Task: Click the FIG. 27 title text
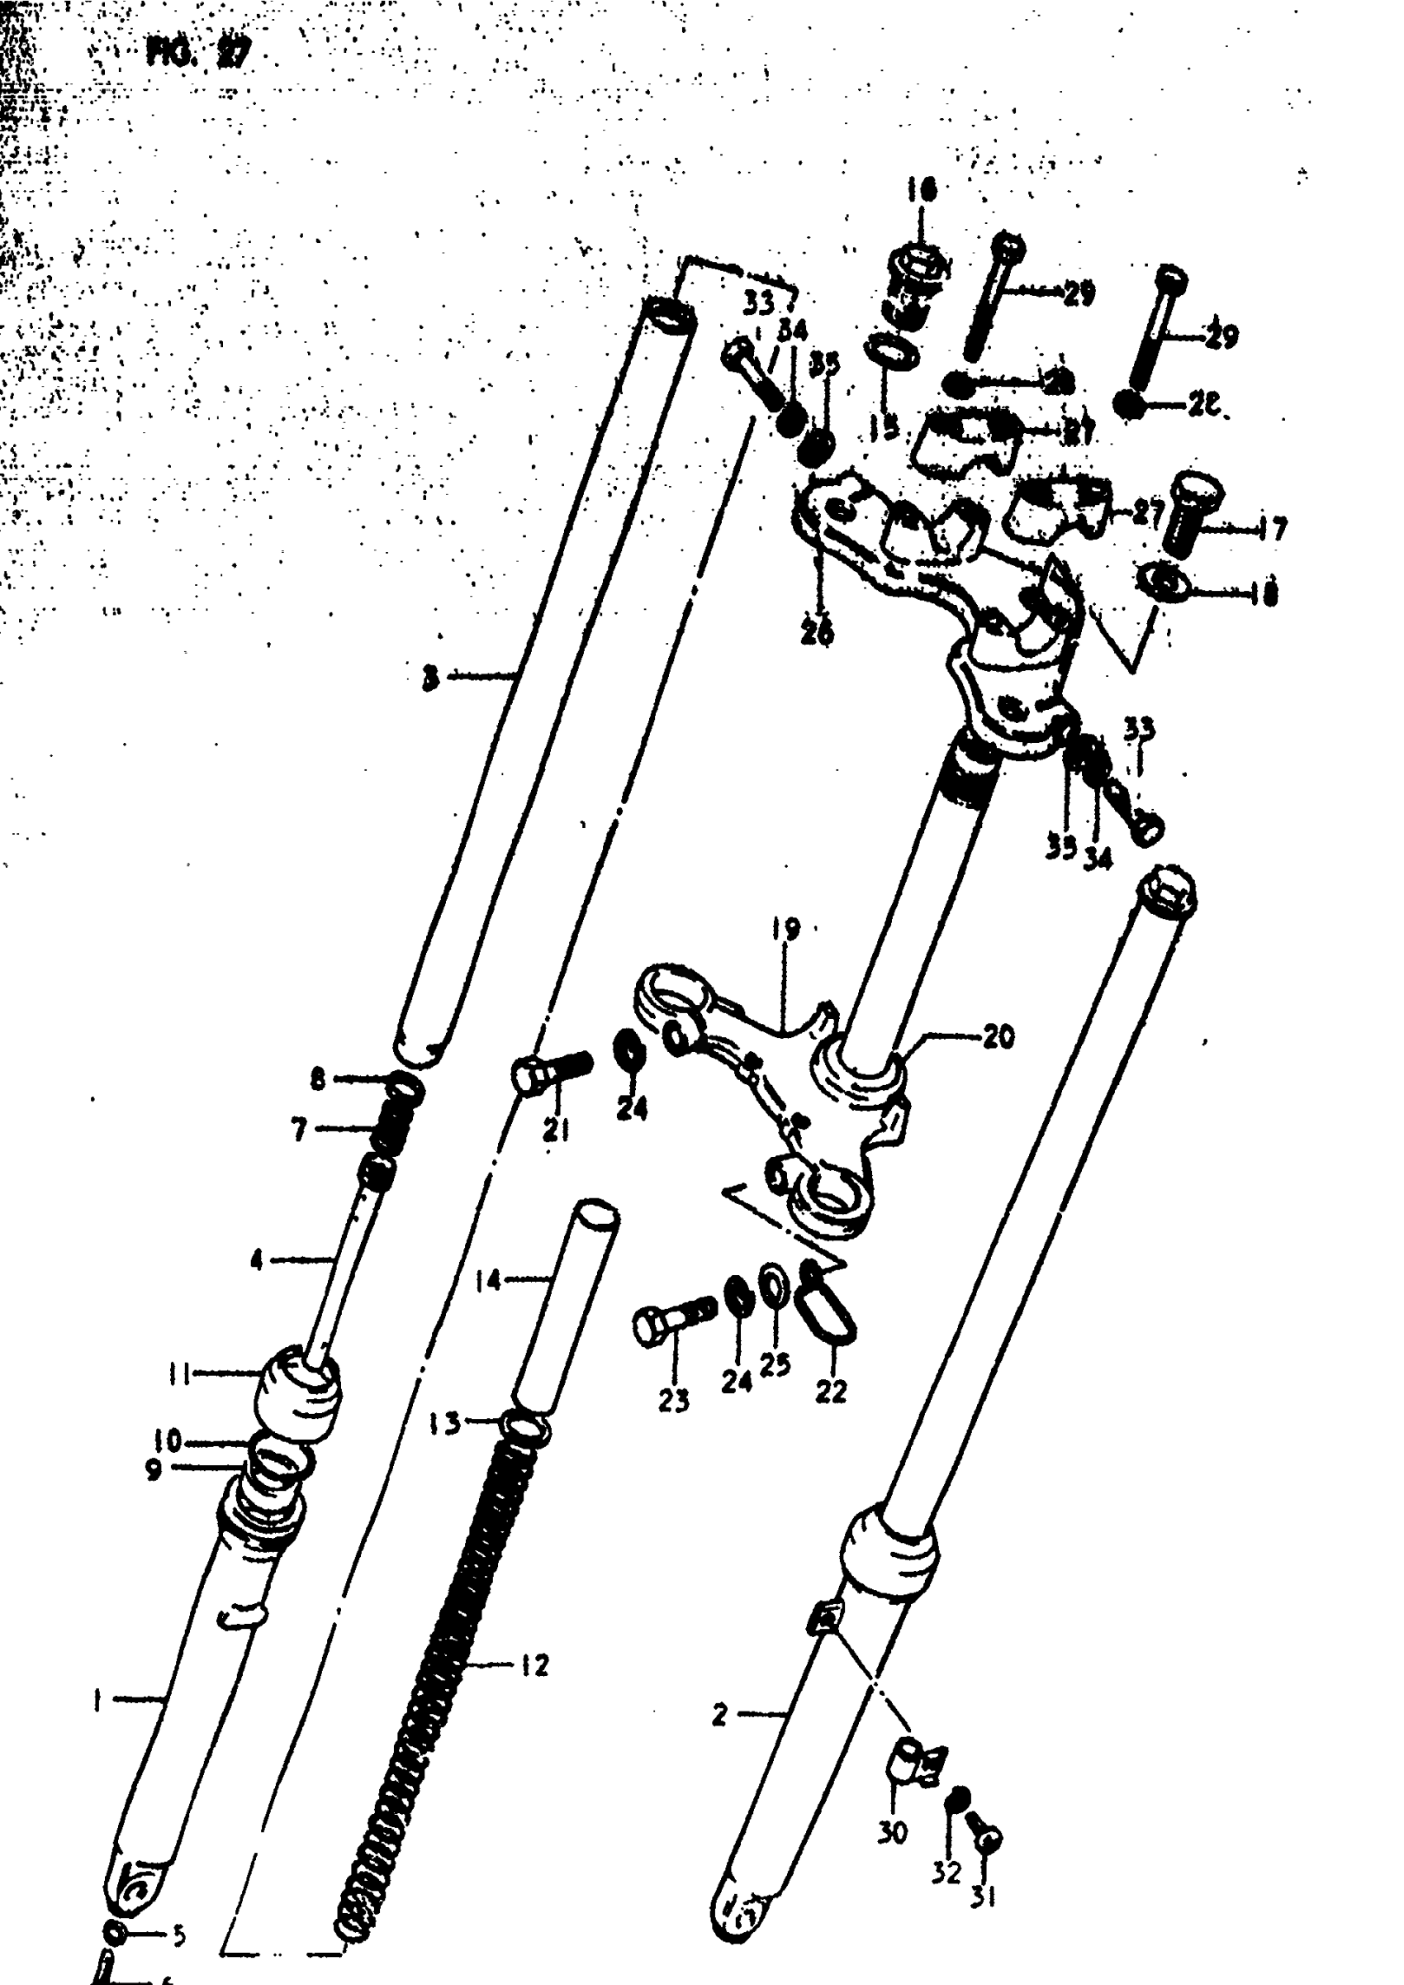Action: [x=200, y=54]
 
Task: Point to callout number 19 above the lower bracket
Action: [x=786, y=930]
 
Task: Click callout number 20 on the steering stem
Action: [x=998, y=1036]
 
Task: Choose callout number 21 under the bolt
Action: [x=556, y=1130]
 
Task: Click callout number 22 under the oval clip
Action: [x=831, y=1391]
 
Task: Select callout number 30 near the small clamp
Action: [x=892, y=1832]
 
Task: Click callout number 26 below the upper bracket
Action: [x=817, y=633]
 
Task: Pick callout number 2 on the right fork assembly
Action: [x=720, y=1714]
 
